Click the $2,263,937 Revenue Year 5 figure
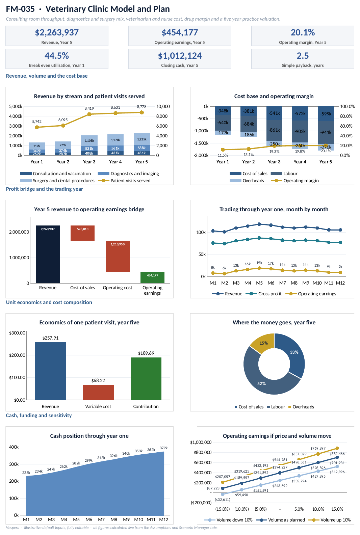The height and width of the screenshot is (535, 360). [57, 32]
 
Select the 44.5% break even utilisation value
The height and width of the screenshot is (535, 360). [57, 56]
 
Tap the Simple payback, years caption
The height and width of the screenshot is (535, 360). [303, 65]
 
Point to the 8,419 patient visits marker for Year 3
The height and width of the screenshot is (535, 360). [89, 114]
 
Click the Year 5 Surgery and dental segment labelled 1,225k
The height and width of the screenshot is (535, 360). [142, 139]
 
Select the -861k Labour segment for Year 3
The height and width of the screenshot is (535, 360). [274, 130]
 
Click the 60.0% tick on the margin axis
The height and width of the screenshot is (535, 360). [346, 126]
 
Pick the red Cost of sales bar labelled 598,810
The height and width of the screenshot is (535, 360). [82, 233]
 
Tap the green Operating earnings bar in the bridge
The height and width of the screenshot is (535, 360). [152, 277]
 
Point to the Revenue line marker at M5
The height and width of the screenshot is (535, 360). [259, 224]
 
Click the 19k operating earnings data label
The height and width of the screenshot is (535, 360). [259, 263]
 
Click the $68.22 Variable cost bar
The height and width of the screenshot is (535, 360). [98, 392]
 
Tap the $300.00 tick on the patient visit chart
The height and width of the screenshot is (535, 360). [17, 333]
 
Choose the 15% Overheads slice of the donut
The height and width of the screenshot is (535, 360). [262, 343]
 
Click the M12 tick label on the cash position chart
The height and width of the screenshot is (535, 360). [164, 519]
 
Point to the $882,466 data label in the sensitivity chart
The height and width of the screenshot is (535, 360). [337, 454]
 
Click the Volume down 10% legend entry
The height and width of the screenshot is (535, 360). [229, 520]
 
